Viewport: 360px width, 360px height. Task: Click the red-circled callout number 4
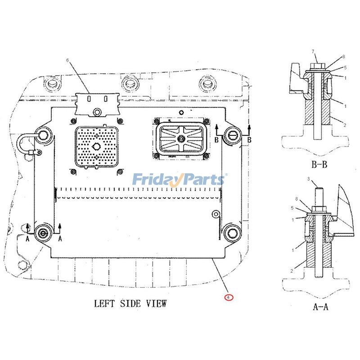[229, 297]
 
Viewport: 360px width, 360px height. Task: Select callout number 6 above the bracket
[68, 60]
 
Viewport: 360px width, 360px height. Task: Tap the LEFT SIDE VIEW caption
[130, 304]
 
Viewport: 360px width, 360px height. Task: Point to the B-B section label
[319, 165]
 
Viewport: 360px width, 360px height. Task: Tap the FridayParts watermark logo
[179, 180]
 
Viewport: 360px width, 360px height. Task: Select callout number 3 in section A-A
[308, 179]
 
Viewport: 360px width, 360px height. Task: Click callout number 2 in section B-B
[344, 124]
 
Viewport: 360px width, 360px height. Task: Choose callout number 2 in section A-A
[292, 271]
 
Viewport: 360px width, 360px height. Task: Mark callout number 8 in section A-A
[296, 198]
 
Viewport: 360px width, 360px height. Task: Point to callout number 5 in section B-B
[345, 68]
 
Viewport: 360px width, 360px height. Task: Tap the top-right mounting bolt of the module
[233, 134]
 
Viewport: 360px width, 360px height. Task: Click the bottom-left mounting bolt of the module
[43, 232]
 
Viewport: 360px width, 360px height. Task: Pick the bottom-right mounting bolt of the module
[233, 232]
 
